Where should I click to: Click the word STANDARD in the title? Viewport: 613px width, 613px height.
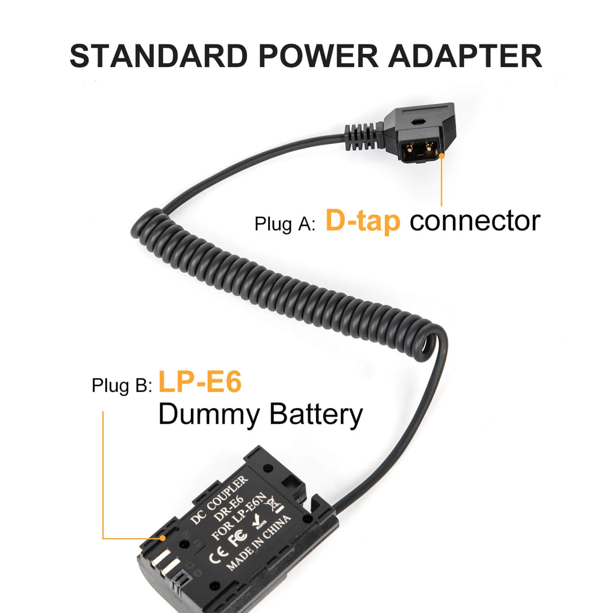coord(159,56)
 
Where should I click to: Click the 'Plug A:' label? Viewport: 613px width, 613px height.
coord(285,224)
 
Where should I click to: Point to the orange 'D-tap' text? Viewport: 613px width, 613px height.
coord(363,221)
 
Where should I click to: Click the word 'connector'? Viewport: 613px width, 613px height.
coord(475,222)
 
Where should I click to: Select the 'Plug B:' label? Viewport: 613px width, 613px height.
coord(122,385)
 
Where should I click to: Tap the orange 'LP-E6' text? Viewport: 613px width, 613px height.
coord(200,382)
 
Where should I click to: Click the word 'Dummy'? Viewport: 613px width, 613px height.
coord(209,415)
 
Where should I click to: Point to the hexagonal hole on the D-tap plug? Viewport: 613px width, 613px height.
coord(416,122)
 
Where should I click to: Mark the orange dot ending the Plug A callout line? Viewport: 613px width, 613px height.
coord(441,156)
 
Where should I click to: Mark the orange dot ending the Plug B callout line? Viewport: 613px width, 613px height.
coord(163,538)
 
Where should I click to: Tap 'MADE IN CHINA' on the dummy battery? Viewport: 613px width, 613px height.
coord(258,543)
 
